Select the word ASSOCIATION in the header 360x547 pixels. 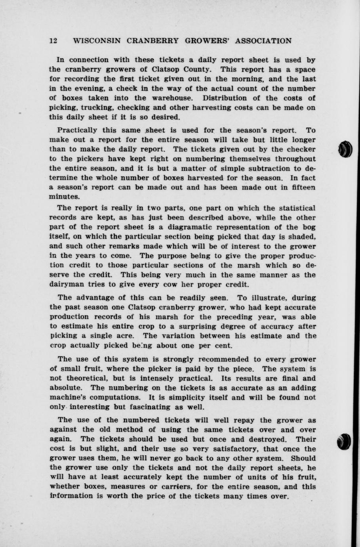click(x=264, y=41)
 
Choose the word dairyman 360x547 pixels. click(x=69, y=285)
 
